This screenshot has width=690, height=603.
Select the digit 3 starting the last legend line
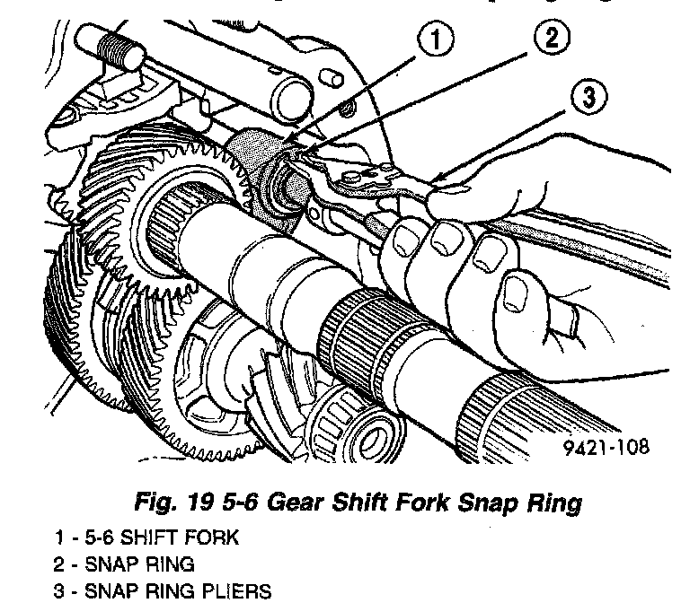pyautogui.click(x=58, y=593)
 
